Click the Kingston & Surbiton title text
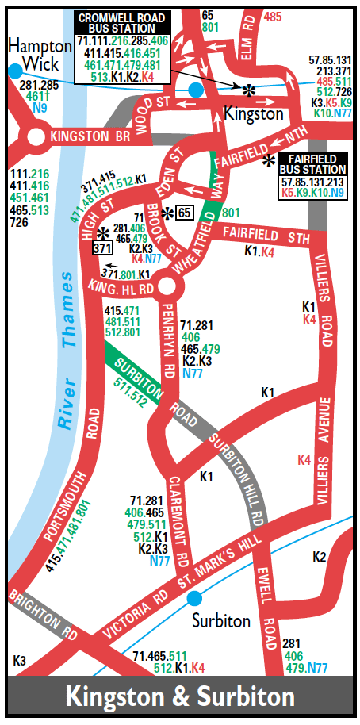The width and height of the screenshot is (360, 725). (x=180, y=697)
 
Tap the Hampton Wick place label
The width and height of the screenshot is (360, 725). (x=33, y=55)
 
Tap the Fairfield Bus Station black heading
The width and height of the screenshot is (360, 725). (x=313, y=163)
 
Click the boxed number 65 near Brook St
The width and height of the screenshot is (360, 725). (x=183, y=212)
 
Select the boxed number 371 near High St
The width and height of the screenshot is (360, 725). (x=101, y=248)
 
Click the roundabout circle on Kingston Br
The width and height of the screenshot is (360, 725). (x=35, y=138)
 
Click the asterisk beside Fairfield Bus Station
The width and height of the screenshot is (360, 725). (x=270, y=160)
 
